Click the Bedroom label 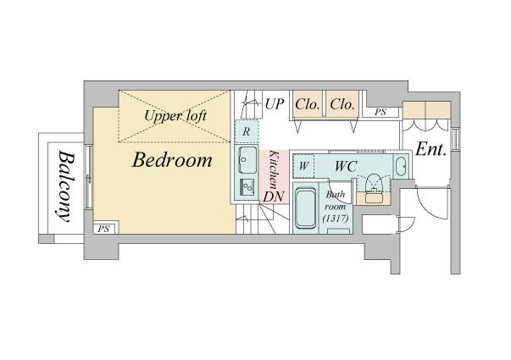coord(172,160)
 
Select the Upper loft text coord(175,116)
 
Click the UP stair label coord(275,104)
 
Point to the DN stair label coord(274,197)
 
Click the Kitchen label coord(274,169)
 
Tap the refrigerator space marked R coord(247,131)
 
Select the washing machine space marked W coord(303,166)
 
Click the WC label coord(346,167)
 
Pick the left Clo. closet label coord(307,104)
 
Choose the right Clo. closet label coord(342,104)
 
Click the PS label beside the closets coord(380,113)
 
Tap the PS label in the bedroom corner coord(103,229)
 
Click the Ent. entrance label coord(430,150)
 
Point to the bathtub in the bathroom coord(305,208)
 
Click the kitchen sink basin coord(247,160)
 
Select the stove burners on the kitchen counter coord(247,187)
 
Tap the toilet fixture coord(374,184)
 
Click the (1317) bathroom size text coord(336,219)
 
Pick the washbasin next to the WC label coord(401,166)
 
